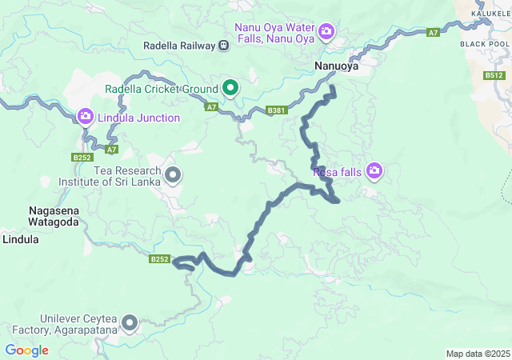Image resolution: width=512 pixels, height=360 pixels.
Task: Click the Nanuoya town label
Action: tap(336, 66)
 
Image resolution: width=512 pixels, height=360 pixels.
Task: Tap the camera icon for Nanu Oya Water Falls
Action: tap(326, 31)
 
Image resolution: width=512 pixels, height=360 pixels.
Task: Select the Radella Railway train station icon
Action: tap(224, 46)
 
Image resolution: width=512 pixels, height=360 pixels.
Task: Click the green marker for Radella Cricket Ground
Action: tap(230, 88)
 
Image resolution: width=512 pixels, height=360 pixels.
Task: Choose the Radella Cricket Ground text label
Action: tap(162, 88)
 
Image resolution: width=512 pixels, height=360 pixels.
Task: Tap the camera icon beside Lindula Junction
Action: tap(86, 117)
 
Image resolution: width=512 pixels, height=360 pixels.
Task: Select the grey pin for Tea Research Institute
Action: tap(172, 173)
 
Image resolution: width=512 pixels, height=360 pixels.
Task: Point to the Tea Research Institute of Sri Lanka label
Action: tap(110, 175)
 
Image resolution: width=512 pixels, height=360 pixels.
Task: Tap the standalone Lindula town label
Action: tap(21, 238)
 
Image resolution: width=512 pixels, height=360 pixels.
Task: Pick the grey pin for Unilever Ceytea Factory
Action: tap(129, 323)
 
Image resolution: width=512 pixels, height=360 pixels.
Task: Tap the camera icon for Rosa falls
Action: tap(374, 170)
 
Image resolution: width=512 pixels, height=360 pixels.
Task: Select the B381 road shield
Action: tap(277, 110)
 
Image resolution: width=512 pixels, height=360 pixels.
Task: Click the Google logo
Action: tap(26, 350)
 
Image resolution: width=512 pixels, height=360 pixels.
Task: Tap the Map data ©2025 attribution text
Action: tap(478, 354)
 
